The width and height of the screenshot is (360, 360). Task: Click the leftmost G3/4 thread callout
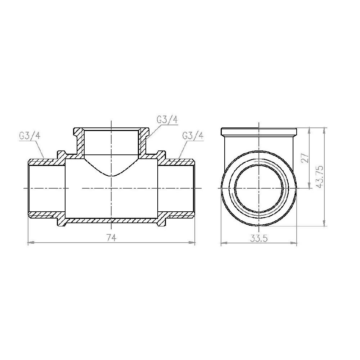[x=30, y=136]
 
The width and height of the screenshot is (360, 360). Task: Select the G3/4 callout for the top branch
[x=167, y=120]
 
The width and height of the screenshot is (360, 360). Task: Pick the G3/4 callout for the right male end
[x=193, y=136]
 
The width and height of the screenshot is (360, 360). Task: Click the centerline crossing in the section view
[x=112, y=188]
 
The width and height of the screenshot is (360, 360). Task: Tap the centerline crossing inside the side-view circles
[x=259, y=188]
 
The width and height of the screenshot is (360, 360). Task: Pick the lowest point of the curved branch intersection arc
[x=112, y=176]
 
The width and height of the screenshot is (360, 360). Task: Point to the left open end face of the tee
[x=29, y=188]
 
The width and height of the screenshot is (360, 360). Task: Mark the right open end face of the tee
[x=195, y=188]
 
